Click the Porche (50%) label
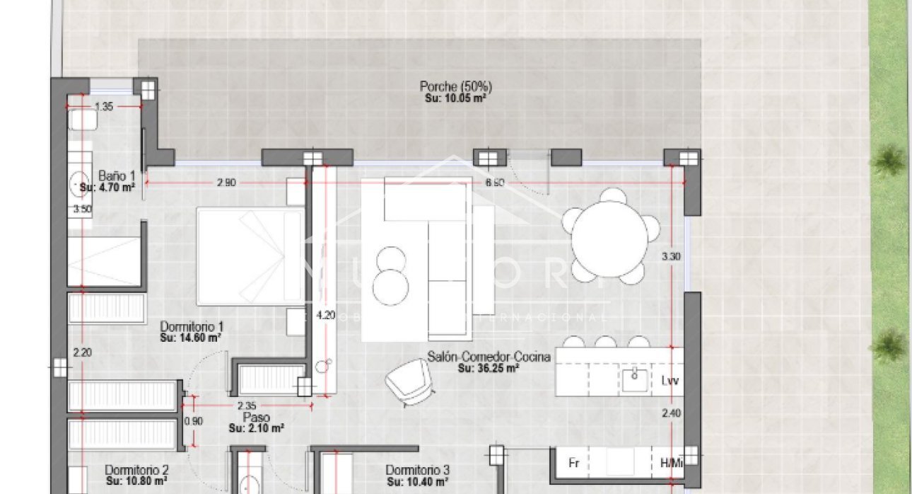pyautogui.click(x=455, y=86)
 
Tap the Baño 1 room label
pyautogui.click(x=117, y=176)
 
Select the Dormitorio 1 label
pyautogui.click(x=192, y=326)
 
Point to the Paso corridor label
pyautogui.click(x=257, y=418)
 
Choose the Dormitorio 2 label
pyautogui.click(x=136, y=469)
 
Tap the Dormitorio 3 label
pyautogui.click(x=418, y=470)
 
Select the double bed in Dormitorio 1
pyautogui.click(x=250, y=255)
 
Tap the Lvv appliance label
pyautogui.click(x=670, y=381)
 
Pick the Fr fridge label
pyautogui.click(x=574, y=463)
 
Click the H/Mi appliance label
pyautogui.click(x=670, y=463)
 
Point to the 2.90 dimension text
pyautogui.click(x=226, y=183)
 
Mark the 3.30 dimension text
pyautogui.click(x=671, y=256)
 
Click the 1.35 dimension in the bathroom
pyautogui.click(x=104, y=107)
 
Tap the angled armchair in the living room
pyautogui.click(x=409, y=381)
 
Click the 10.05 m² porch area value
pyautogui.click(x=455, y=98)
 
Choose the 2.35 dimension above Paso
pyautogui.click(x=246, y=406)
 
